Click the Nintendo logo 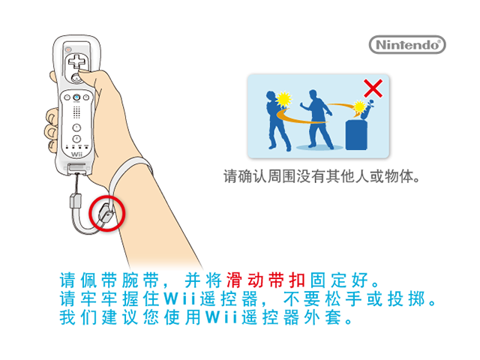pyautogui.click(x=407, y=45)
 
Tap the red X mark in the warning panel pyautogui.click(x=373, y=88)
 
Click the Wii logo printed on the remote pyautogui.click(x=76, y=154)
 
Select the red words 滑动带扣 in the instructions pyautogui.click(x=265, y=280)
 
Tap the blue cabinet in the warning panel pyautogui.click(x=356, y=135)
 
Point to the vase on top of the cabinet pyautogui.click(x=367, y=110)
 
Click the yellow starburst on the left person pyautogui.click(x=283, y=100)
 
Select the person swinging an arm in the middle pyautogui.click(x=316, y=119)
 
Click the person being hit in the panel pyautogui.click(x=277, y=121)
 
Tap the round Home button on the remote pyautogui.click(x=76, y=97)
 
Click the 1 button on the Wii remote pyautogui.click(x=76, y=127)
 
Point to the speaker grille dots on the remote pyautogui.click(x=76, y=112)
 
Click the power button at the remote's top pyautogui.click(x=68, y=49)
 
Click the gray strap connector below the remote pyautogui.click(x=76, y=200)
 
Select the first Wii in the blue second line pyautogui.click(x=180, y=298)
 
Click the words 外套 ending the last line pyautogui.click(x=322, y=317)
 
